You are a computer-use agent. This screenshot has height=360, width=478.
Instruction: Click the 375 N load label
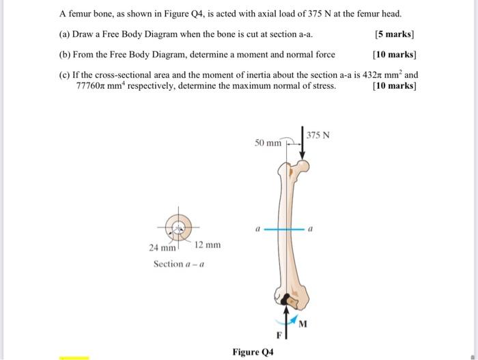[318, 135]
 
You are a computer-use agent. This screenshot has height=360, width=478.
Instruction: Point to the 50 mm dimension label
[268, 143]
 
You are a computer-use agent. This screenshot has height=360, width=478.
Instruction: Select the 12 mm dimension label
[208, 245]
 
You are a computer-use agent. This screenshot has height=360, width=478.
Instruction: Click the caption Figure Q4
[253, 352]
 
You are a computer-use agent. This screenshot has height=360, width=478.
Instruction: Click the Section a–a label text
[178, 264]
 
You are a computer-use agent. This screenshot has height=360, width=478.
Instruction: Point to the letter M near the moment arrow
[303, 322]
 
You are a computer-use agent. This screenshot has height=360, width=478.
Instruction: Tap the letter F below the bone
[278, 335]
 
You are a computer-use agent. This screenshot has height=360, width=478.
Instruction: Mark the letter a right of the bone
[311, 230]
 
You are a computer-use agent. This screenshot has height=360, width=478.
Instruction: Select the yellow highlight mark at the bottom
[73, 357]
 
